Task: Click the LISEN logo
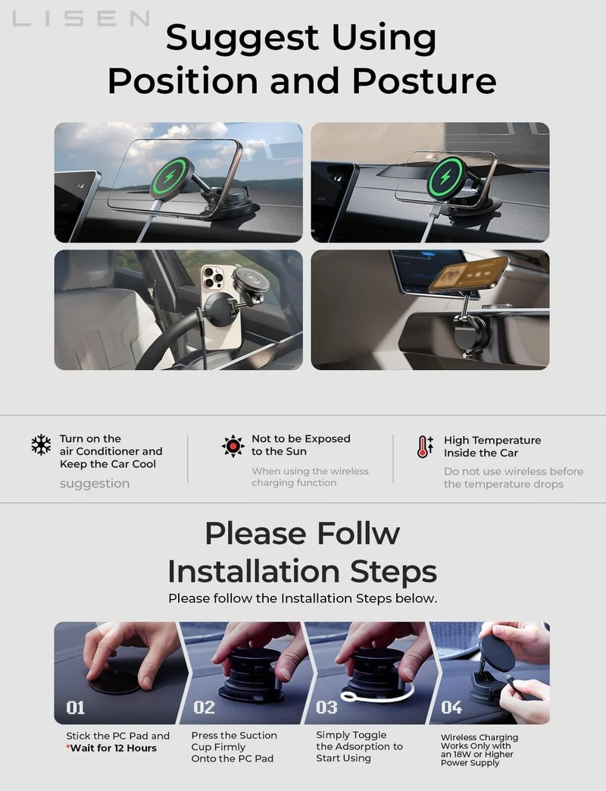click(x=81, y=19)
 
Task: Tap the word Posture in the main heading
click(x=424, y=80)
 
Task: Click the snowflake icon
click(x=42, y=445)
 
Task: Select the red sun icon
click(x=233, y=446)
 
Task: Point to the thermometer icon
click(x=425, y=447)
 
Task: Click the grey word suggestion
click(x=95, y=483)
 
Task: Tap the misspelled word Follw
click(x=358, y=533)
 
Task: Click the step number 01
click(x=76, y=708)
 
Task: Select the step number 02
click(x=204, y=708)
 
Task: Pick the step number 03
click(x=326, y=708)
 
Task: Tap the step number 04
click(x=451, y=708)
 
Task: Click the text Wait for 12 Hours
click(x=114, y=748)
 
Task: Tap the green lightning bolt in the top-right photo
click(x=445, y=177)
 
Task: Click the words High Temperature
click(x=492, y=441)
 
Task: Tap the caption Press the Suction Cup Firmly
click(x=234, y=741)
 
